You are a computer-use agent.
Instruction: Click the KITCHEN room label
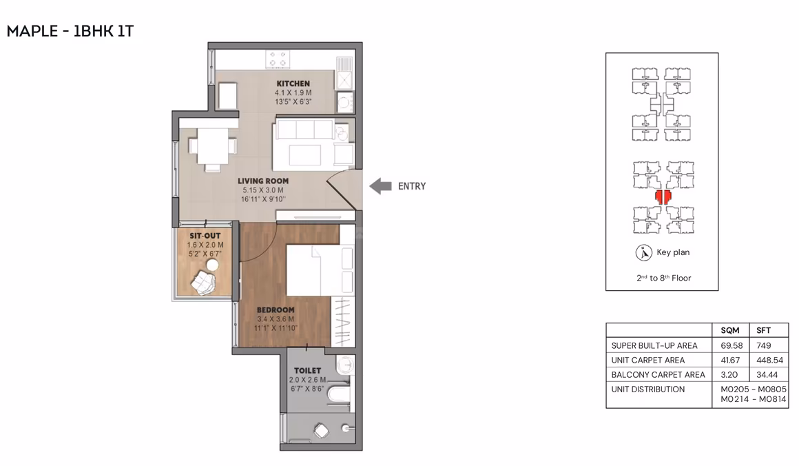click(293, 83)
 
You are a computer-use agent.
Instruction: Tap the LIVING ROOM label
click(263, 181)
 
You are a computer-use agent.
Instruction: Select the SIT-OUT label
click(205, 236)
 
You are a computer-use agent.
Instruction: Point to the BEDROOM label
click(276, 310)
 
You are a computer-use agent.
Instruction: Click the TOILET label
click(307, 371)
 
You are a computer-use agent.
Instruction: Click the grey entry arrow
click(380, 186)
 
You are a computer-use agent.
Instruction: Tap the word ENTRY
click(412, 187)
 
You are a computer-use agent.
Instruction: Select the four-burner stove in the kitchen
click(278, 59)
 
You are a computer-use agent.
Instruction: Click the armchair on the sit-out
click(203, 283)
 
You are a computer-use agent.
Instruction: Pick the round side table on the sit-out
click(212, 265)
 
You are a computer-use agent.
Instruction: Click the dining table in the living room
click(212, 146)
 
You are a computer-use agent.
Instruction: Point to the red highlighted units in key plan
click(663, 196)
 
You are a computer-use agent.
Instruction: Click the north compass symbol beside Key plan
click(643, 253)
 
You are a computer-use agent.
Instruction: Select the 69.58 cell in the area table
click(731, 345)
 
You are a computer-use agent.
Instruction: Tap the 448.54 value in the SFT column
click(769, 361)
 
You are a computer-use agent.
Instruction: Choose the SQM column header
click(729, 330)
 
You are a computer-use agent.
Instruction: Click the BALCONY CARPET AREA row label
click(658, 375)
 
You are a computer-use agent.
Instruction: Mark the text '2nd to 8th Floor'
click(663, 278)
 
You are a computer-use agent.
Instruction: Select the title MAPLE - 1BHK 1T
click(70, 31)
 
